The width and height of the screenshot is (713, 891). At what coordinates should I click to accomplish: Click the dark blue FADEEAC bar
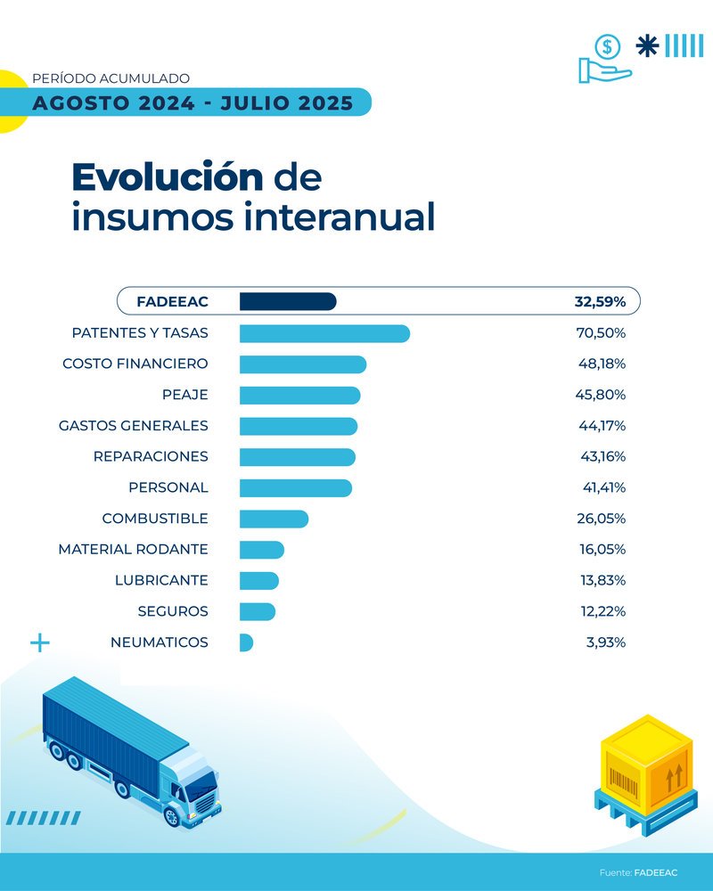click(287, 302)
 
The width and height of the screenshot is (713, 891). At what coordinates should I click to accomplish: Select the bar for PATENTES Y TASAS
click(324, 333)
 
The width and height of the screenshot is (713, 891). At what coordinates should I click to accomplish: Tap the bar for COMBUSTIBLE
click(274, 519)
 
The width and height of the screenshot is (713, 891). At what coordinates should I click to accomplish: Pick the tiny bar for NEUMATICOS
click(246, 642)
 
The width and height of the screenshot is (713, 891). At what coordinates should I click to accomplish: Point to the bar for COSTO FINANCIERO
click(303, 364)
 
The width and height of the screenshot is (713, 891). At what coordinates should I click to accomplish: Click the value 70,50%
click(602, 333)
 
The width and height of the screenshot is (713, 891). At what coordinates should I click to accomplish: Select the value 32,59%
click(600, 302)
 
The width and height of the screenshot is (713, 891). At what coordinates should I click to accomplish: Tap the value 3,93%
click(605, 642)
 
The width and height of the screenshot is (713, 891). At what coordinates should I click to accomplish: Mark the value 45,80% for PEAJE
click(602, 395)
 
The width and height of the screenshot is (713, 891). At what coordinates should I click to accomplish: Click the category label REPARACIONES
click(151, 456)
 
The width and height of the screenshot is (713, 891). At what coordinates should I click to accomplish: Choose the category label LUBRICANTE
click(161, 580)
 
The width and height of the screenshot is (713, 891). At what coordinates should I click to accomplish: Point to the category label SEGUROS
click(173, 611)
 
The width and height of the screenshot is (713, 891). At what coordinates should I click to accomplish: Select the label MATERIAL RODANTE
click(133, 549)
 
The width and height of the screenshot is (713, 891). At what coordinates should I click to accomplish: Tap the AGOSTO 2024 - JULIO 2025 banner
click(192, 102)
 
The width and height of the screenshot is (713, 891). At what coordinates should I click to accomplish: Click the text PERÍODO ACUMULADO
click(111, 78)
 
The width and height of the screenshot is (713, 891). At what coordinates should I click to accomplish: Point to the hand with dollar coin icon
click(604, 59)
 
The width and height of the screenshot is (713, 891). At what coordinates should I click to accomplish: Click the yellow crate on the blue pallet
click(646, 764)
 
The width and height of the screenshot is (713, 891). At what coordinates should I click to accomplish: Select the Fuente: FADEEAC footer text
click(638, 872)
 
